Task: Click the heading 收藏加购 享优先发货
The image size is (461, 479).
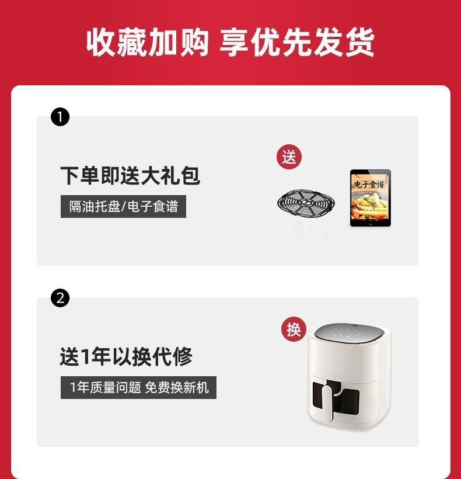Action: tap(230, 42)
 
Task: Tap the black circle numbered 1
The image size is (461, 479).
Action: tap(60, 117)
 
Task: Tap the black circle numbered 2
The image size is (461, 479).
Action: tap(60, 298)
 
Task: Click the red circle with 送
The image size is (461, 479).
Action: tap(289, 157)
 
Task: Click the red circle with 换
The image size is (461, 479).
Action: tap(294, 329)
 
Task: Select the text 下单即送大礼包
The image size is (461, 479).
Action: tap(130, 176)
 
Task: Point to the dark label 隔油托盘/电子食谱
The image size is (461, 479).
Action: tap(123, 207)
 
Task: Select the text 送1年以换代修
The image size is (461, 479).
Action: tap(126, 356)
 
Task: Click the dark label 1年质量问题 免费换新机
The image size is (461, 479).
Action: tap(138, 388)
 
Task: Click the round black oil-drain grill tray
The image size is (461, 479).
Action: tap(306, 203)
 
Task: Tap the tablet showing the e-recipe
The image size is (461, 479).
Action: tap(370, 198)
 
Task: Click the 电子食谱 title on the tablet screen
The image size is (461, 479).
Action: tap(369, 185)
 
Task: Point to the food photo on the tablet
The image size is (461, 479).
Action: tap(370, 204)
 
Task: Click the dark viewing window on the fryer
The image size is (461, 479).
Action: tap(336, 398)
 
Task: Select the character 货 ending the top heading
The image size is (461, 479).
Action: tap(360, 42)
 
